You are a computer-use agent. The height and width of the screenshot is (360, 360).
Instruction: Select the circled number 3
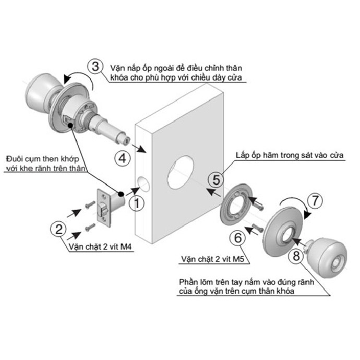tap(95, 67)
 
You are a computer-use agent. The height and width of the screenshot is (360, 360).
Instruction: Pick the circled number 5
tap(219, 179)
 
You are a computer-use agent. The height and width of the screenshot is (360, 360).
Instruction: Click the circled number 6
tap(238, 237)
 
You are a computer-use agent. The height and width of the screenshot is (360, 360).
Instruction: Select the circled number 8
tap(296, 256)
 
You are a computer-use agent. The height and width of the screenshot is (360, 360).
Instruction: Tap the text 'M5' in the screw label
tap(239, 259)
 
